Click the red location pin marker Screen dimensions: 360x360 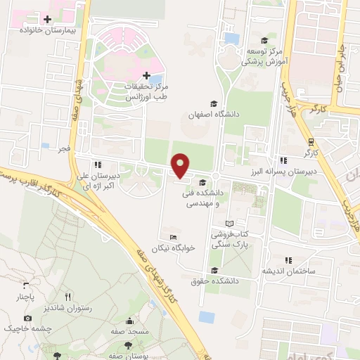(181, 166)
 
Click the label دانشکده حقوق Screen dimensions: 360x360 (215, 281)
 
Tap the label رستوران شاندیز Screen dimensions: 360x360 (67, 308)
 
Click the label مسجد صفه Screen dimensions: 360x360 (128, 330)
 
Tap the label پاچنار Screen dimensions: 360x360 (25, 297)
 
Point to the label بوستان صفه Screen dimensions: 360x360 (127, 356)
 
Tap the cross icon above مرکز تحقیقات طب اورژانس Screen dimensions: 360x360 (146, 75)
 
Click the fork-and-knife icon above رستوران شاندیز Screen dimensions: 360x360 (68, 297)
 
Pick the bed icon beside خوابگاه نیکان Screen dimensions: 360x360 (173, 236)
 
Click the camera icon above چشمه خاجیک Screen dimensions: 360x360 (27, 318)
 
